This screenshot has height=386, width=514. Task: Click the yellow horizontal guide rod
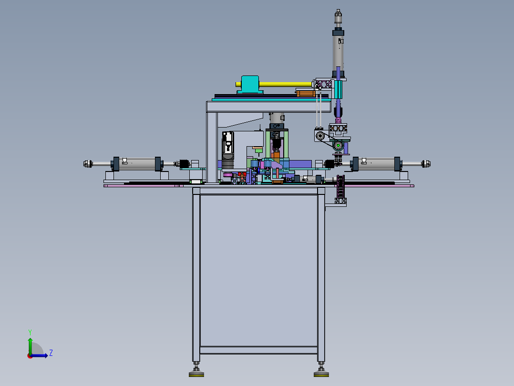point(285,85)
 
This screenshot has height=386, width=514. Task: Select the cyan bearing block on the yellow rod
point(250,85)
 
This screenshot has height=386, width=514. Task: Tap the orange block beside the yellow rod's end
point(306,94)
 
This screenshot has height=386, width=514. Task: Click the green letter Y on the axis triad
point(30,332)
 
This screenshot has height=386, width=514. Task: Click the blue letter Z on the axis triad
point(51,353)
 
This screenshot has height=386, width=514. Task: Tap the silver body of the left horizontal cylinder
point(137,163)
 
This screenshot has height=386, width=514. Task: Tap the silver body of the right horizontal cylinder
point(376,163)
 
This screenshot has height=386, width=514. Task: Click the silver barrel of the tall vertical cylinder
point(339,53)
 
